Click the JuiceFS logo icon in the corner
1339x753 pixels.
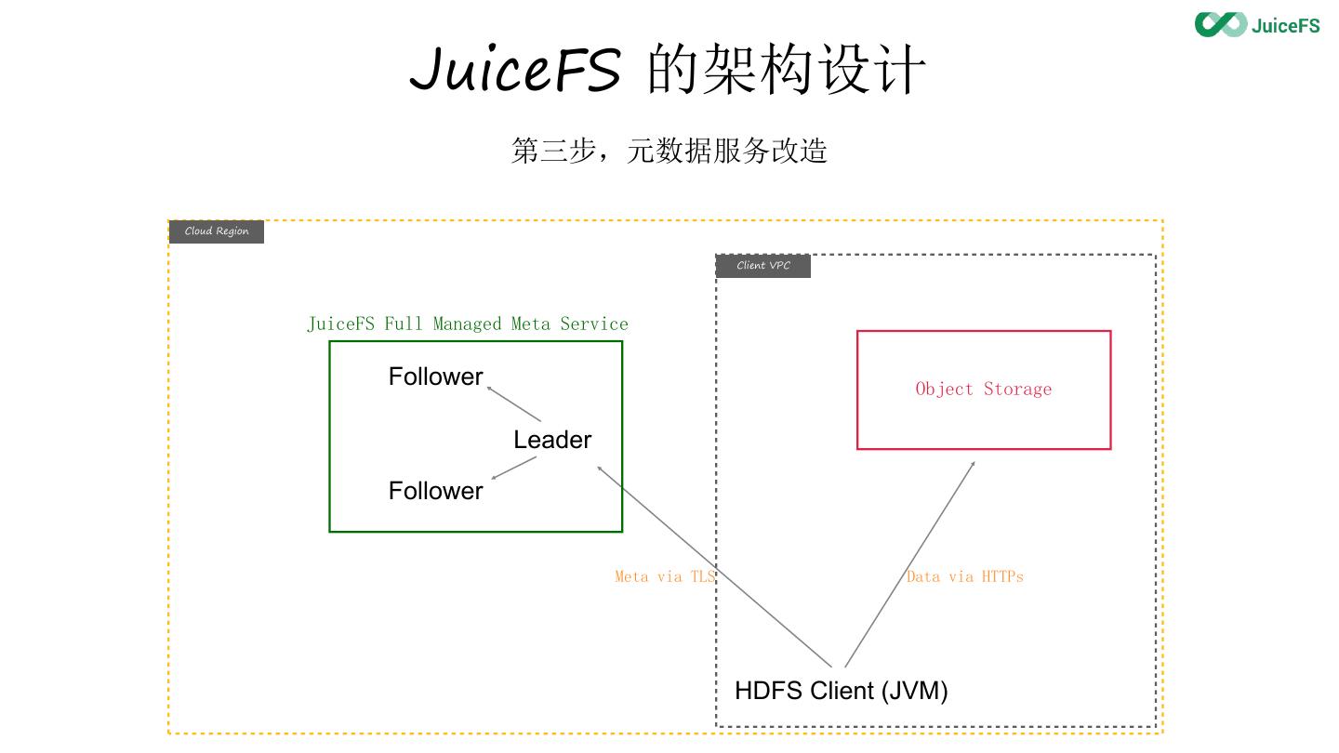click(x=1220, y=24)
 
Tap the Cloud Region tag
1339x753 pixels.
click(x=217, y=231)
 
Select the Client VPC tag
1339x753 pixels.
click(x=763, y=266)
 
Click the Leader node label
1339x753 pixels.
click(x=552, y=440)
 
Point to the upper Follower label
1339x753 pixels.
click(x=435, y=376)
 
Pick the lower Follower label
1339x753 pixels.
click(x=435, y=491)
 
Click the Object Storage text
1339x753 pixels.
click(x=983, y=390)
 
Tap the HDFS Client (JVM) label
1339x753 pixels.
click(x=841, y=691)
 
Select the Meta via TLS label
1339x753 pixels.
click(x=665, y=576)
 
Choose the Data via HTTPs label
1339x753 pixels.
click(x=964, y=576)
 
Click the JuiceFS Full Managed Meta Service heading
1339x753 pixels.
click(x=468, y=324)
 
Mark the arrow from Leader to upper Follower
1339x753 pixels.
click(x=513, y=403)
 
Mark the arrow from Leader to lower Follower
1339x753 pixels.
click(x=514, y=469)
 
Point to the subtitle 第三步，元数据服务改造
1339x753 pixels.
click(x=669, y=151)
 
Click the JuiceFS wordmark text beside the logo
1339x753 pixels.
click(x=1285, y=25)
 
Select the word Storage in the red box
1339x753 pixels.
click(x=1017, y=390)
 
